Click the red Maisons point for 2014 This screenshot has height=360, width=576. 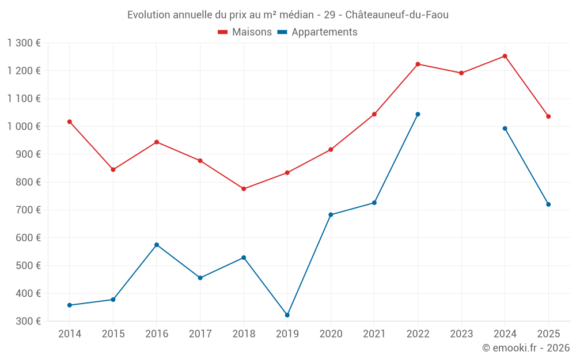click(x=70, y=122)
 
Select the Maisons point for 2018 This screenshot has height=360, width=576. click(x=244, y=189)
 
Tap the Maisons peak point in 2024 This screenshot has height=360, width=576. click(x=505, y=56)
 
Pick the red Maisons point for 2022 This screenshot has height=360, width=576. click(x=418, y=64)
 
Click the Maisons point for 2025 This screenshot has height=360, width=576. click(x=548, y=116)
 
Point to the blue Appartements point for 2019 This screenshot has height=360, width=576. click(x=287, y=315)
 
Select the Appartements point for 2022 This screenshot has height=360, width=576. click(x=418, y=114)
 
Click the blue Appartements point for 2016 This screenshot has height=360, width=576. click(x=157, y=245)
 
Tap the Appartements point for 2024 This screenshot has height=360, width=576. click(x=505, y=128)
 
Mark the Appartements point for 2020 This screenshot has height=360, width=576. click(x=331, y=215)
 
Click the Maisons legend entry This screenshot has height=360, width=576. click(x=245, y=32)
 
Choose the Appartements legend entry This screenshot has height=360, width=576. click(x=317, y=32)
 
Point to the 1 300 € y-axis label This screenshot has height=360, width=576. click(x=24, y=43)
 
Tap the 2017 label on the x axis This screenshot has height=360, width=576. click(x=200, y=334)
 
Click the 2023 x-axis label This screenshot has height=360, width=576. click(x=461, y=334)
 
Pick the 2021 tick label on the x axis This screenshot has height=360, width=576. click(x=374, y=334)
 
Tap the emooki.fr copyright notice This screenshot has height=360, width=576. click(x=525, y=348)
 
